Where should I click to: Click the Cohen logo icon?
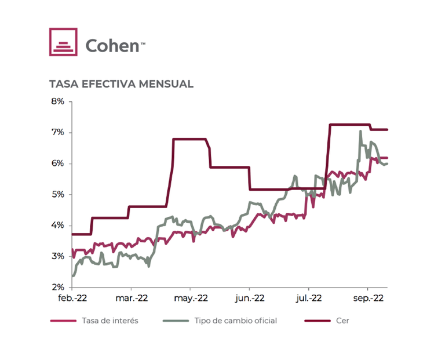click(63, 42)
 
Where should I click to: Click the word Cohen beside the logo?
click(112, 45)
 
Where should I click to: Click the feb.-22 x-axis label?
click(72, 299)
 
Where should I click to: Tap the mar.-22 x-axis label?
click(132, 299)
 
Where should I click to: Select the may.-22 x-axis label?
click(191, 299)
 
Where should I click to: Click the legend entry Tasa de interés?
click(111, 321)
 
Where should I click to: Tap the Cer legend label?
click(342, 321)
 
